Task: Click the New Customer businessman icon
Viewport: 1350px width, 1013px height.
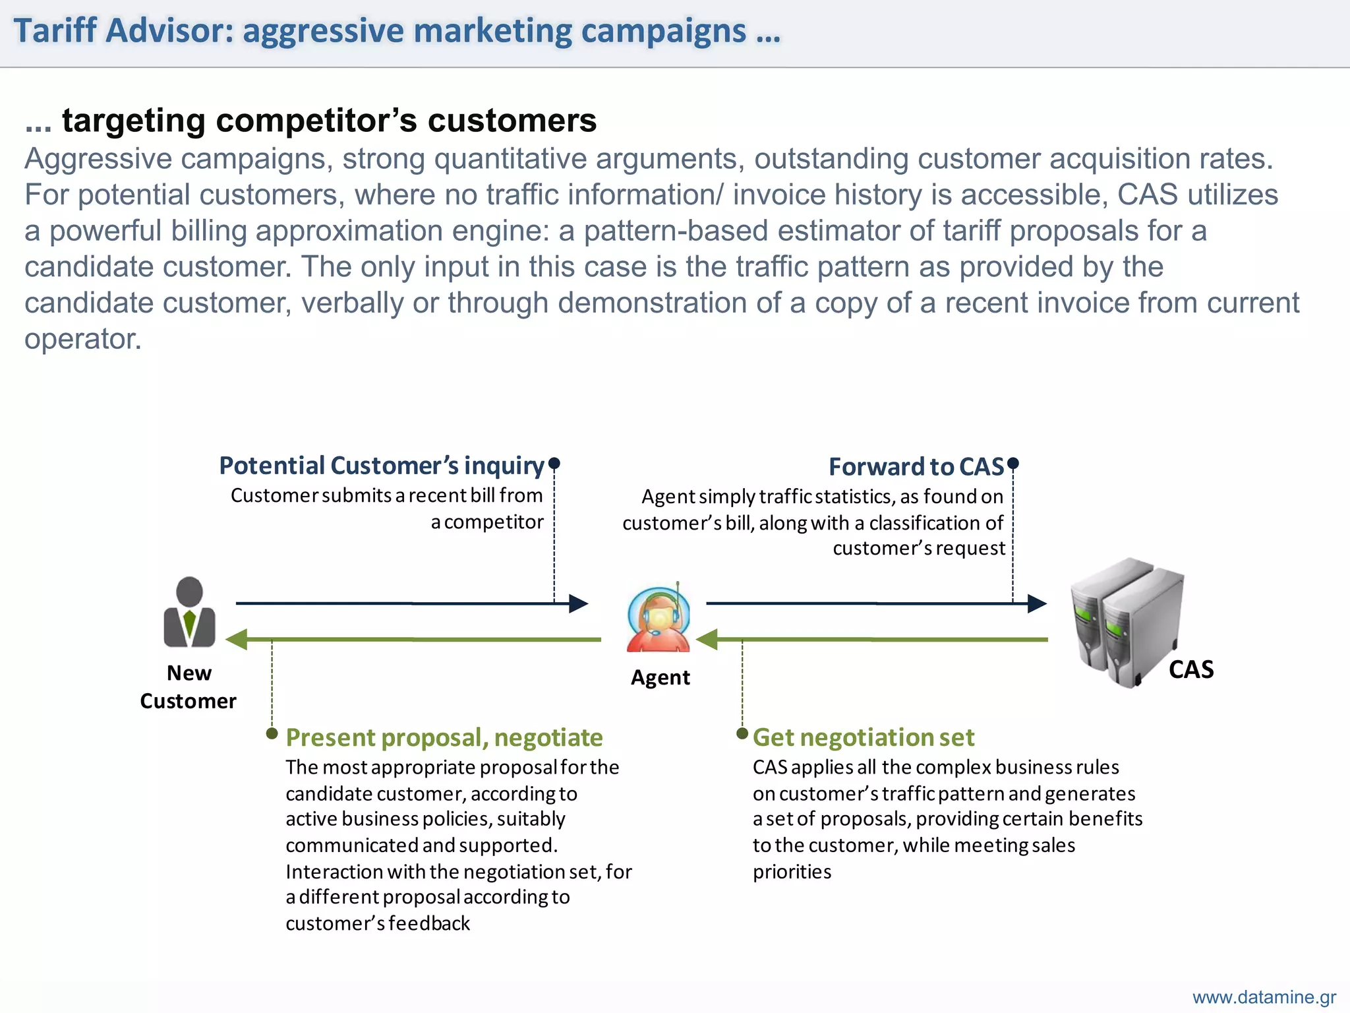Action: (x=189, y=611)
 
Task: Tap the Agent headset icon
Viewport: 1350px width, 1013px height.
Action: (x=659, y=617)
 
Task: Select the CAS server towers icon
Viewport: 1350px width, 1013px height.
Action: (x=1128, y=623)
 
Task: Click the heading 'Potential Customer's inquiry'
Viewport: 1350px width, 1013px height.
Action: (x=382, y=466)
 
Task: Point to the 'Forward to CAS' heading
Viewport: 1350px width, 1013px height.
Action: (x=916, y=466)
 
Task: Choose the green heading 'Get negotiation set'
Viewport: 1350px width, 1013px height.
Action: (x=864, y=737)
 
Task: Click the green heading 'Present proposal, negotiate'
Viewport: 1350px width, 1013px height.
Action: (x=444, y=737)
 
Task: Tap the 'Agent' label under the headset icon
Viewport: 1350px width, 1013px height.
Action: (x=660, y=677)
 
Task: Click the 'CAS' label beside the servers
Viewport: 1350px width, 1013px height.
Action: (x=1191, y=669)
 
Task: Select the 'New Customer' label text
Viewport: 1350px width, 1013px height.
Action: (x=189, y=687)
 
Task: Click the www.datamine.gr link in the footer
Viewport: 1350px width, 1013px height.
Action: (x=1264, y=997)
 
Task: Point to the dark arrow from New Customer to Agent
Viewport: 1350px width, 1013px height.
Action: (x=412, y=603)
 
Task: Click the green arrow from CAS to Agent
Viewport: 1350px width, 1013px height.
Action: (x=872, y=639)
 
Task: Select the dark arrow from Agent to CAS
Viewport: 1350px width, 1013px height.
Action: (x=877, y=603)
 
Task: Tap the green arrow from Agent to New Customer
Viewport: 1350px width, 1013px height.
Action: (x=413, y=639)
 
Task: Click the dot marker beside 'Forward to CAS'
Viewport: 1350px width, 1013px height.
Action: (x=1013, y=463)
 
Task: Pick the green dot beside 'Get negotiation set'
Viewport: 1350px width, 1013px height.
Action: (x=742, y=733)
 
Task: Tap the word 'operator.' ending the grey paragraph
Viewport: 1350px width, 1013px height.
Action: (x=83, y=339)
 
